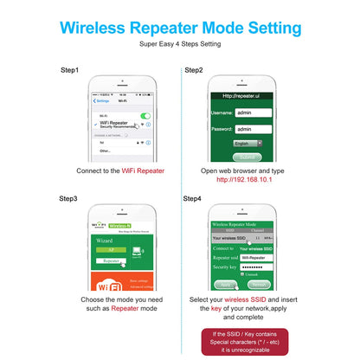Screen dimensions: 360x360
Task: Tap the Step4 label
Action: coord(192,198)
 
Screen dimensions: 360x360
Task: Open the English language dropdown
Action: coord(247,143)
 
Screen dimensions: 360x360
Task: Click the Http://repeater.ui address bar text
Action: coord(243,96)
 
